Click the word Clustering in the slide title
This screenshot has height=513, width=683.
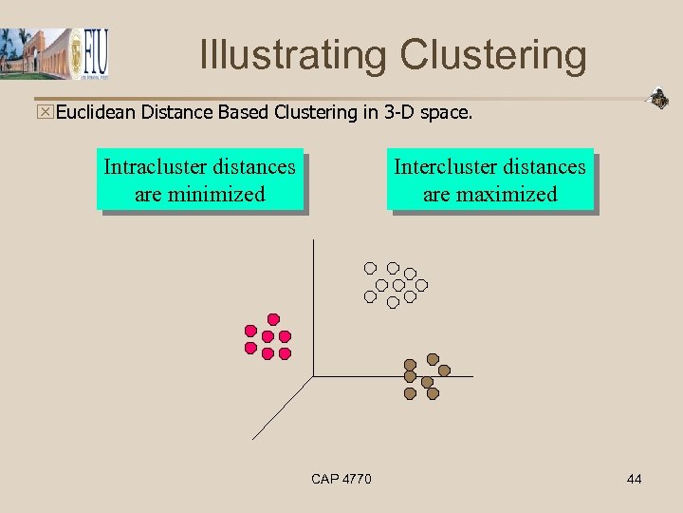[x=493, y=54]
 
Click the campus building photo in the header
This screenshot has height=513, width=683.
[x=35, y=54]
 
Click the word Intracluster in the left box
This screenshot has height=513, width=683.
[x=160, y=167]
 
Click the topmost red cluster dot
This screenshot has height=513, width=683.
[x=274, y=319]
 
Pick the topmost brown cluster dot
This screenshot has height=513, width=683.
[x=433, y=359]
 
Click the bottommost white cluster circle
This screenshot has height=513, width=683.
[x=393, y=303]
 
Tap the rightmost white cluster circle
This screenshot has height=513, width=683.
[x=422, y=284]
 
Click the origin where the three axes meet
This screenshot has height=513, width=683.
[x=313, y=376]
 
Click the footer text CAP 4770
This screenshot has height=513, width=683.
[x=341, y=479]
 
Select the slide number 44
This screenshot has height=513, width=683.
[x=634, y=479]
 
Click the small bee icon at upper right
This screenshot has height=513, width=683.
[x=657, y=97]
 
